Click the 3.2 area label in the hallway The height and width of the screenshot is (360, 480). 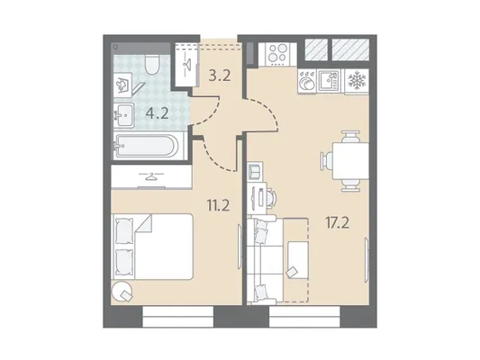coord(220,76)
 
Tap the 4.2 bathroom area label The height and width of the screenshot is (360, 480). coord(157,113)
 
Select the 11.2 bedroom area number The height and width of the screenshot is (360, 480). coord(218,205)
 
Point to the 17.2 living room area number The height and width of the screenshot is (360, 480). coord(337,223)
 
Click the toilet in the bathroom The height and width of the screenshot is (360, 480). coord(152,65)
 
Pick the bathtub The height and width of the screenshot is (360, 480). coord(146,146)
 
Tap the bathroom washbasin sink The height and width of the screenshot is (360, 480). coord(124,115)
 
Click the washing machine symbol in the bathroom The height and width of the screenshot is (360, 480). coord(122,85)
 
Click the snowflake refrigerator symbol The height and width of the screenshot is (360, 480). coord(357,81)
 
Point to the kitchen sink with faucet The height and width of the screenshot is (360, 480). coord(329,81)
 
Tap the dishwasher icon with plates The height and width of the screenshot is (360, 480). coord(307,81)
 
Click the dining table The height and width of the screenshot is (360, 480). coord(351,161)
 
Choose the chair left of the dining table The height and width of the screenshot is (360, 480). coord(326,161)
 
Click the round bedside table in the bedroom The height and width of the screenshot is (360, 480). coord(122,291)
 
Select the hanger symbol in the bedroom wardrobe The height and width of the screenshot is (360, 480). coord(151,176)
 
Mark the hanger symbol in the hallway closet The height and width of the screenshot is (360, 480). coord(186,63)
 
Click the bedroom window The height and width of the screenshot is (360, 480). coord(177,317)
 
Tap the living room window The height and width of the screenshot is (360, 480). coord(304,317)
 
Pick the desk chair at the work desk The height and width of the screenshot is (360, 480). coord(271,199)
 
